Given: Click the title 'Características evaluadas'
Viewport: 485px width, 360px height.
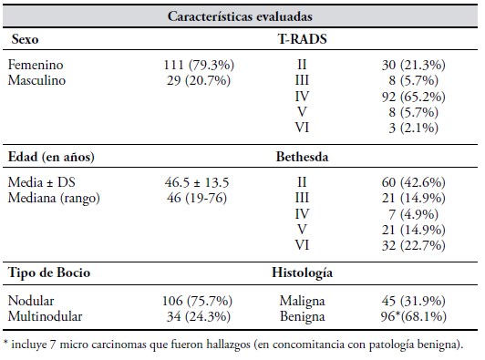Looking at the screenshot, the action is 240,16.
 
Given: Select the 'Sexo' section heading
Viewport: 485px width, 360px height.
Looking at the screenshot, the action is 25,39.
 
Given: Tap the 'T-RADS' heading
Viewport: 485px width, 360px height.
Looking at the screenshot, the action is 302,39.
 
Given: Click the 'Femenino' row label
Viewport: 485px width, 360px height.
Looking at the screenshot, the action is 36,65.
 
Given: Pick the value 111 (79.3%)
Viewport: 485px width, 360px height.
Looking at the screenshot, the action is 199,65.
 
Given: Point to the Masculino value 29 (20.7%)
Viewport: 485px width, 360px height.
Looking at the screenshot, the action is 199,80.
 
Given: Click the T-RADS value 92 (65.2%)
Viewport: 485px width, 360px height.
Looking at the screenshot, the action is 414,97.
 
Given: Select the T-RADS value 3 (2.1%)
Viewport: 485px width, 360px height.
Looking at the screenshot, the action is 414,128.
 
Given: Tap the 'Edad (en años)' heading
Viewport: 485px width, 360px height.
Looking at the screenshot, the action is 51,157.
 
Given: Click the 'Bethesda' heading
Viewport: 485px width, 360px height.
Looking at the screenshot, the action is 302,157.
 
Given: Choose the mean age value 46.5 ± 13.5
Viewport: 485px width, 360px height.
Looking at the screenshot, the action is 197,182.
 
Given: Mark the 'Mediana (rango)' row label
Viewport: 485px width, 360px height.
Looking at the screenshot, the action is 54,198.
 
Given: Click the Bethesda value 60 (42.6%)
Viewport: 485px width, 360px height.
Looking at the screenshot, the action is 414,182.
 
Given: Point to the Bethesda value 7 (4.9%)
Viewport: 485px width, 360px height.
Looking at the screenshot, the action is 414,214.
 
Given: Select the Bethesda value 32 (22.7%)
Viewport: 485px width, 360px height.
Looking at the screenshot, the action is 414,245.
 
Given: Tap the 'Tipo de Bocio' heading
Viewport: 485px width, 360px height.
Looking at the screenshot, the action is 49,273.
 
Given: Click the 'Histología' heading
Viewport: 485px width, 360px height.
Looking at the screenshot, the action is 302,273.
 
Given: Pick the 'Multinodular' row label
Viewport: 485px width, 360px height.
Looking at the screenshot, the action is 46,316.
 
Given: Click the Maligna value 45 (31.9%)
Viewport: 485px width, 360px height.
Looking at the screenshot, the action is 414,301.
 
